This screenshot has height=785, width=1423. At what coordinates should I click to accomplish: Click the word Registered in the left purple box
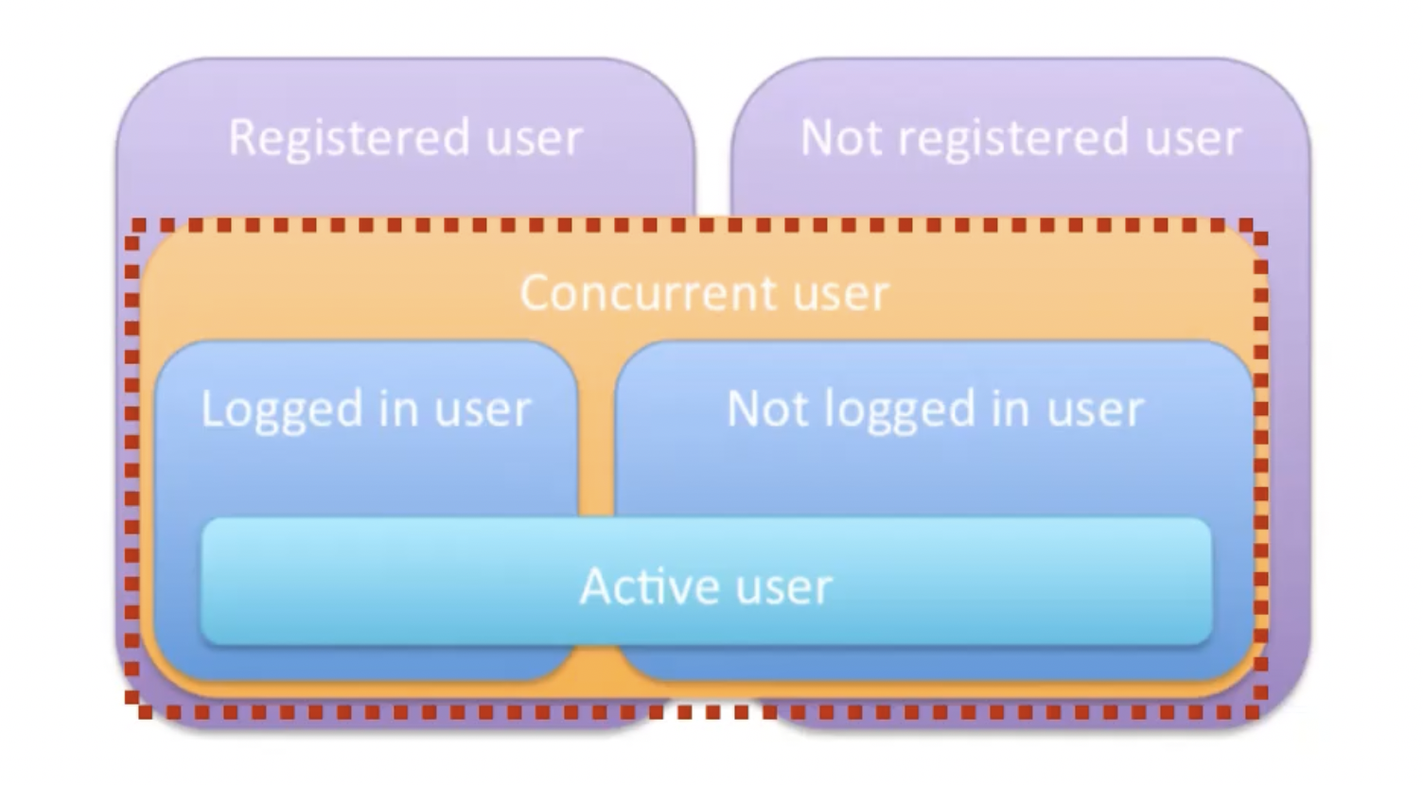pos(348,138)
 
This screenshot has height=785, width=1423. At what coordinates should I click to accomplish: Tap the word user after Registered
pos(534,138)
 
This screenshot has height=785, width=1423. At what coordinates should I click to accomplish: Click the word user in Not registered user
pos(1193,138)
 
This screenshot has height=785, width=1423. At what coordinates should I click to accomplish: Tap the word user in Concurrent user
pos(841,293)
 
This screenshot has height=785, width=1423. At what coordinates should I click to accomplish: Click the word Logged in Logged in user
pos(282,410)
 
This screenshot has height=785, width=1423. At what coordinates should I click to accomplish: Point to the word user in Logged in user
pos(483,410)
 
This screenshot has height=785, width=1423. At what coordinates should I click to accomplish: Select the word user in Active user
pos(783,586)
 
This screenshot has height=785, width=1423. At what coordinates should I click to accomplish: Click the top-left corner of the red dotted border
pos(132,226)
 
